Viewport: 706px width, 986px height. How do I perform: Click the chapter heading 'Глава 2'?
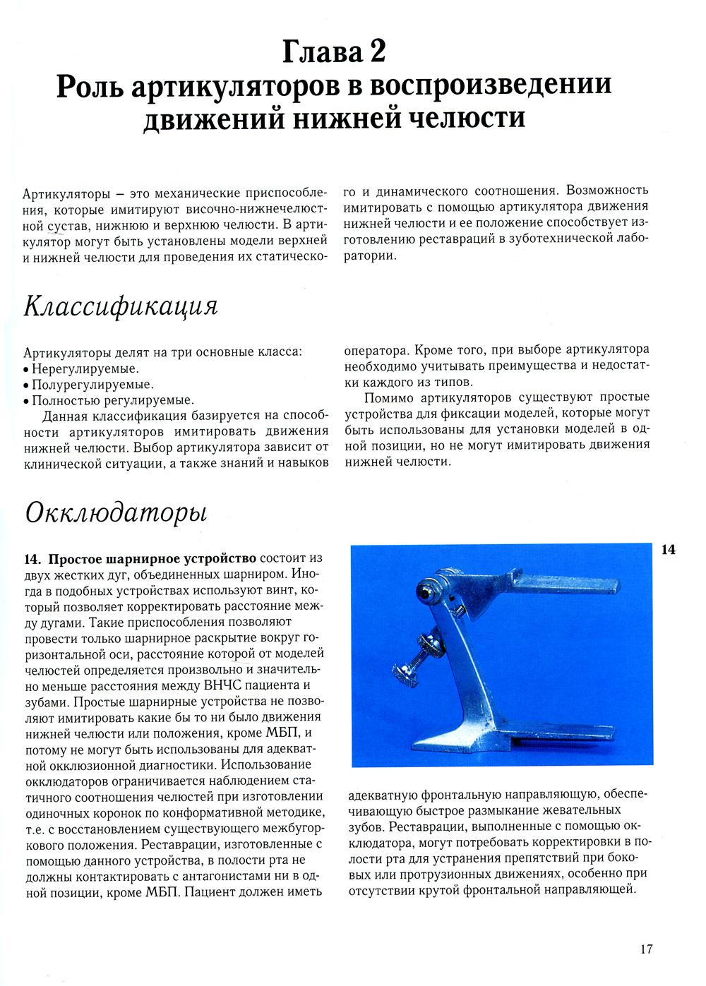pos(334,52)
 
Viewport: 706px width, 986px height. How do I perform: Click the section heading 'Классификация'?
pos(121,306)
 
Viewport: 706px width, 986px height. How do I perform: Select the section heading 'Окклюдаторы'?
pos(116,512)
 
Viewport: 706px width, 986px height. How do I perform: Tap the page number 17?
pos(646,949)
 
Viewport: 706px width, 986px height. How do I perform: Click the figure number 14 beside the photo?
pos(668,550)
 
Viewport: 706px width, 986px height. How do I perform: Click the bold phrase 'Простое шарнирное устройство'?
pos(152,559)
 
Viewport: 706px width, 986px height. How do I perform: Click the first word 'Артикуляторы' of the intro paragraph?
pos(66,193)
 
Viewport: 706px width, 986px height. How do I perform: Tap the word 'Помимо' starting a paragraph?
pos(389,397)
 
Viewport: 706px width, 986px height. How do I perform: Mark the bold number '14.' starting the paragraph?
pos(33,559)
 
